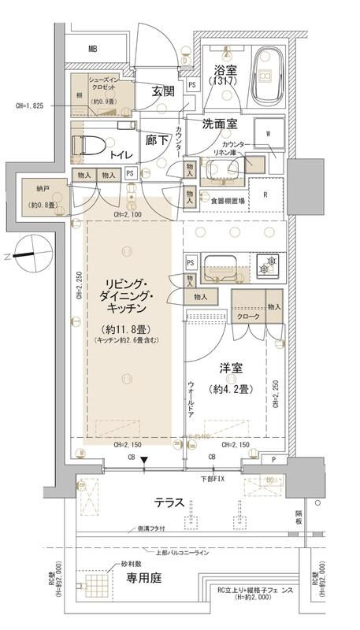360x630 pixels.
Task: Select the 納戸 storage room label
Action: pos(34,189)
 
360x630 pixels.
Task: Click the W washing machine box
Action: pos(268,134)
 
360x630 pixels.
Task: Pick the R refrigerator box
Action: pos(265,194)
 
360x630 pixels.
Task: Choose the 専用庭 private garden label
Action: pos(145,579)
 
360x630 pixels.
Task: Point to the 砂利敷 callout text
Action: pos(132,565)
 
